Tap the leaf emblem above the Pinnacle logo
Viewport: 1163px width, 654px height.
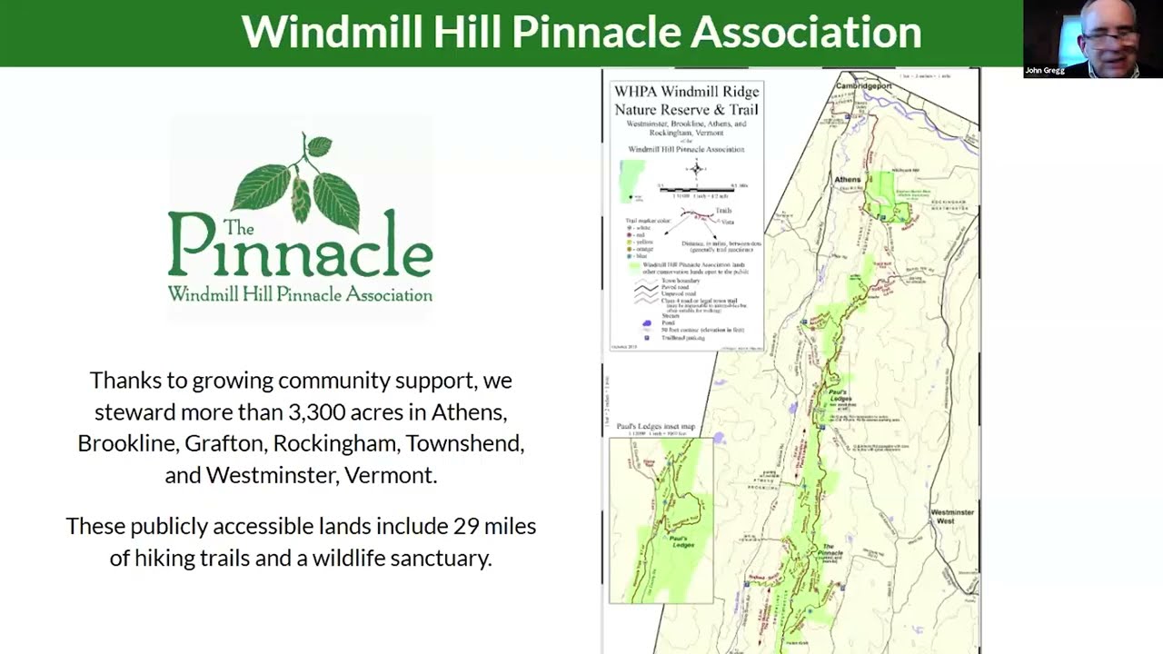pyautogui.click(x=299, y=181)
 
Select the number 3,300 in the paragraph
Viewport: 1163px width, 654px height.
pyautogui.click(x=317, y=411)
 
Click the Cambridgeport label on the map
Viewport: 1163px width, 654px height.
pyautogui.click(x=863, y=85)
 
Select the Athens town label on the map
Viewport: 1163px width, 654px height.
pyautogui.click(x=848, y=180)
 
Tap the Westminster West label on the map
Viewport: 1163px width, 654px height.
pyautogui.click(x=951, y=516)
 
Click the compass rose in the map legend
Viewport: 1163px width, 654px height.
pyautogui.click(x=697, y=169)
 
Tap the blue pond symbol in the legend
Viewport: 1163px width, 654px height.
pyautogui.click(x=647, y=322)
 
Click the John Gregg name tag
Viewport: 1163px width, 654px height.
pyautogui.click(x=1044, y=70)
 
